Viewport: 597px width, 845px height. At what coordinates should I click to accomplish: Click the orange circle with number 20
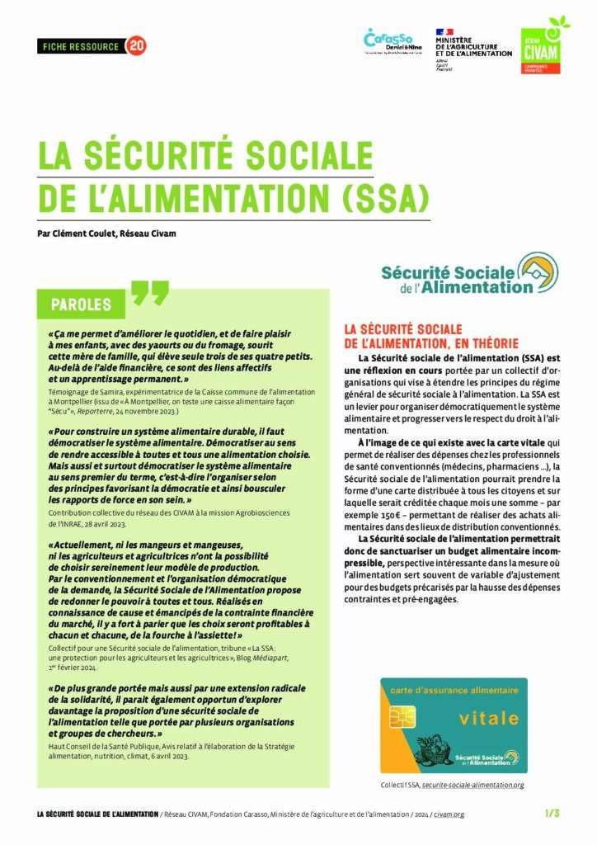[x=136, y=46]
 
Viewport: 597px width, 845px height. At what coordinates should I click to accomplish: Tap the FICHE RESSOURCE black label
[x=80, y=46]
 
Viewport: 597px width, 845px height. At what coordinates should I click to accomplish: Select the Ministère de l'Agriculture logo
[x=472, y=50]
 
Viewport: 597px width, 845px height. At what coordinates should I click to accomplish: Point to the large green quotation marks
[x=149, y=293]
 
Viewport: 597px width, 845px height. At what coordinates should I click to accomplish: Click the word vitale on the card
[x=488, y=718]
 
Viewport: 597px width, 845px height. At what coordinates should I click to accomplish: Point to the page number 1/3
[x=552, y=814]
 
